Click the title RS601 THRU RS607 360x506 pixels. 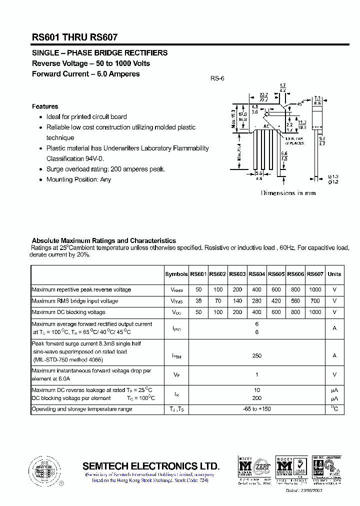[x=75, y=36]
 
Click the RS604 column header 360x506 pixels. [x=256, y=274]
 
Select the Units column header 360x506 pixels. [x=334, y=274]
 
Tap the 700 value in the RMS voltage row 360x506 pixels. [x=315, y=301]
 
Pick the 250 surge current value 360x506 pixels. [x=256, y=355]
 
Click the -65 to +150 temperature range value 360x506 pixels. [x=256, y=409]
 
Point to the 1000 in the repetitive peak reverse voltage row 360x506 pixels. [x=315, y=289]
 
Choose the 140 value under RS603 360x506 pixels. [x=237, y=301]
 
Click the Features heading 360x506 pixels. [x=45, y=106]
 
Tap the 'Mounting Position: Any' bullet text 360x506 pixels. [x=78, y=179]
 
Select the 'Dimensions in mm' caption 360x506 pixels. [x=288, y=193]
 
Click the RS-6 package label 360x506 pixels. [x=217, y=78]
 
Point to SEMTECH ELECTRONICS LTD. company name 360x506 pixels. [x=150, y=465]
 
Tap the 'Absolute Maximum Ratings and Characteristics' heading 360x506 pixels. [x=103, y=240]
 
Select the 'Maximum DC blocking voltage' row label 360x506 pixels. [x=68, y=312]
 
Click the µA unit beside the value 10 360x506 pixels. [x=334, y=390]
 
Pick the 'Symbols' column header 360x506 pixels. [x=176, y=274]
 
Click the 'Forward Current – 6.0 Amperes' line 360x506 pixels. [x=85, y=74]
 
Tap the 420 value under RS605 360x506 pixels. [x=276, y=301]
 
